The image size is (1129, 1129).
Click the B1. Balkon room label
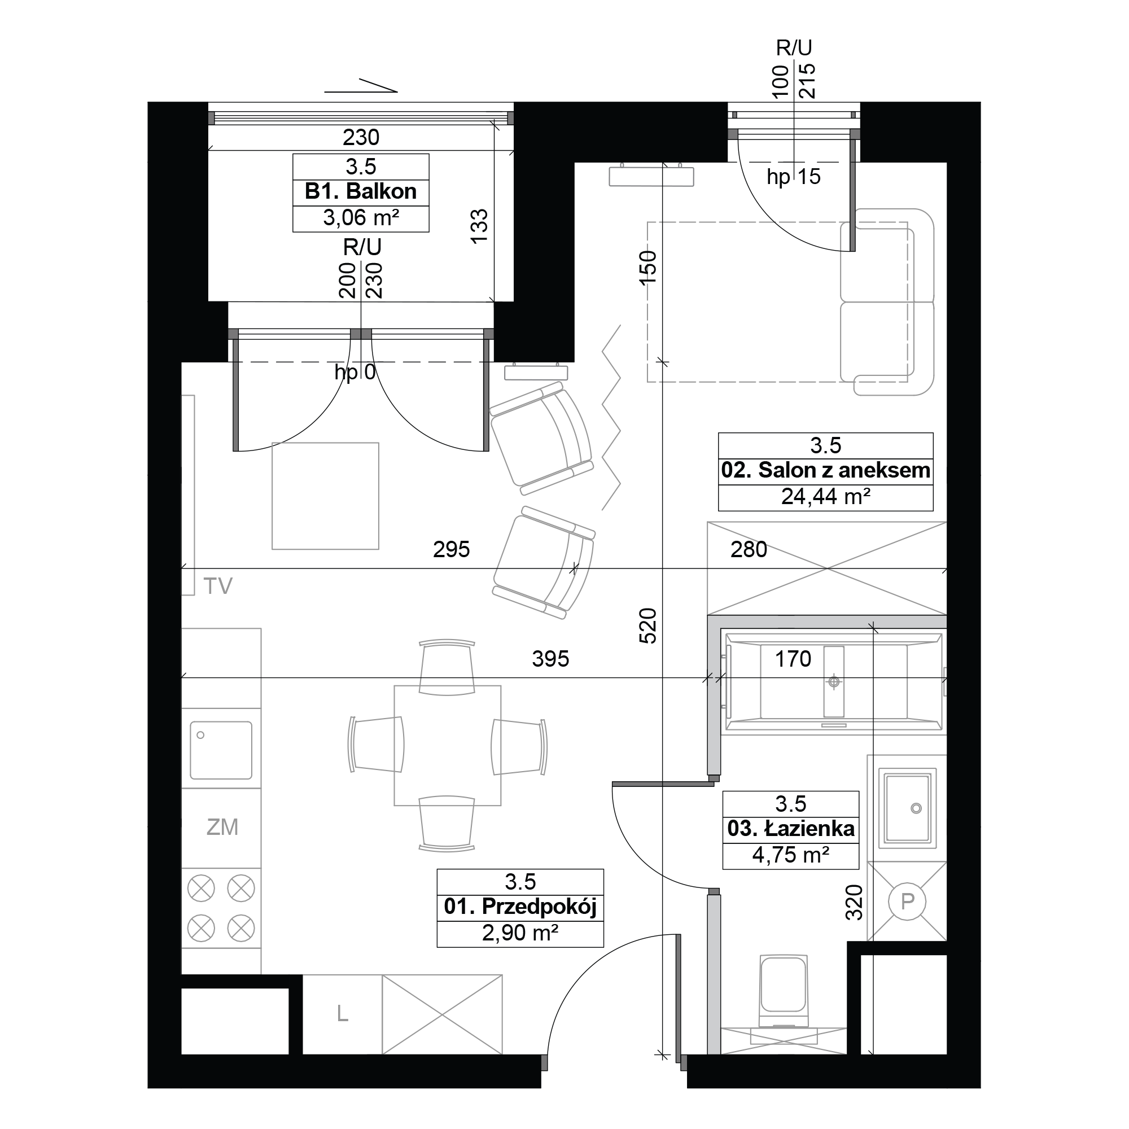[x=361, y=191]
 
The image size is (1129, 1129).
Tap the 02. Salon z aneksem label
[x=825, y=470]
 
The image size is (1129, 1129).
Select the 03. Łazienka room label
[x=791, y=828]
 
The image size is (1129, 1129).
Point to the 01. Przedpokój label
[x=520, y=907]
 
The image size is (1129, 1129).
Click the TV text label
[x=218, y=585]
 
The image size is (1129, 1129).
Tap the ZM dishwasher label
[x=222, y=827]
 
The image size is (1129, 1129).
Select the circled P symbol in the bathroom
[x=907, y=902]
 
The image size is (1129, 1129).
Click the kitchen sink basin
[x=221, y=750]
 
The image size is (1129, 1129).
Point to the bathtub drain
[x=834, y=681]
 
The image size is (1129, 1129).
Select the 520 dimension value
[x=648, y=626]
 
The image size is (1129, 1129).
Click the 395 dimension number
[x=550, y=659]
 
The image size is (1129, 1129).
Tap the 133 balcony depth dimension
[x=479, y=226]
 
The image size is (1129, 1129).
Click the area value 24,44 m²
[x=826, y=496]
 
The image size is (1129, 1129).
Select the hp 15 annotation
[x=794, y=177]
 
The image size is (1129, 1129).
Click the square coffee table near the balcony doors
[x=326, y=496]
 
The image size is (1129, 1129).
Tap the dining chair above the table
[x=447, y=668]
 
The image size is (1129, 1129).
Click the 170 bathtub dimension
[x=793, y=659]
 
